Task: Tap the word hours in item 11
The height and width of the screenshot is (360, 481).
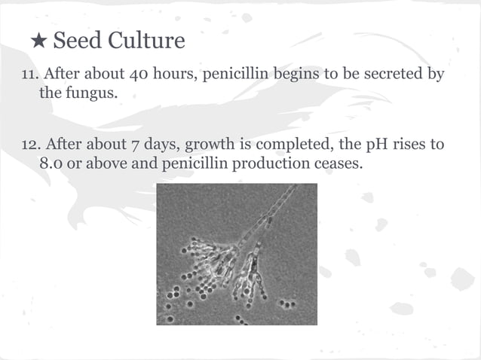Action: pos(175,76)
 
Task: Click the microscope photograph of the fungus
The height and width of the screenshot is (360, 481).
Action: pos(237,254)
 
